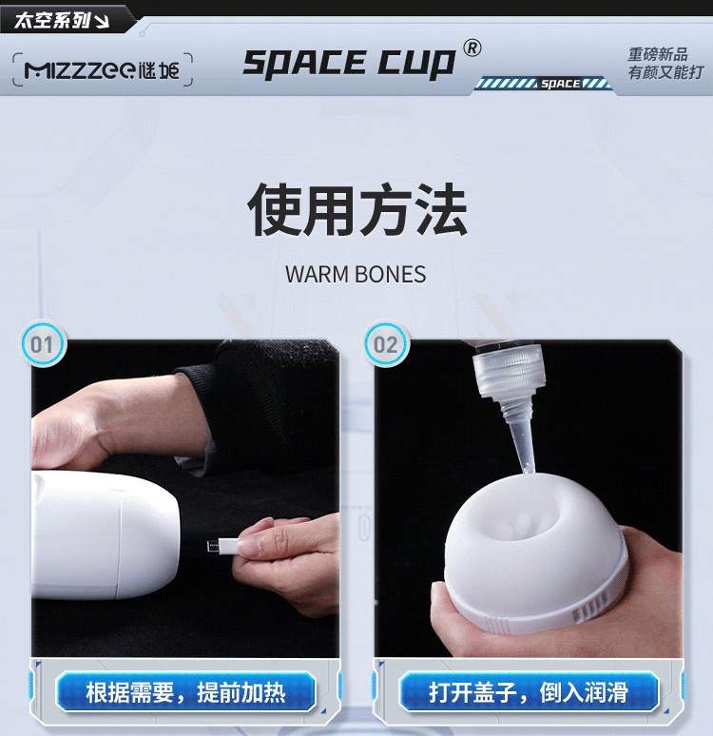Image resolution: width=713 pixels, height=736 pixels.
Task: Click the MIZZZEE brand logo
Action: coord(102,70)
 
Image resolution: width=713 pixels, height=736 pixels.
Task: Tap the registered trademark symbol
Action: coord(472,48)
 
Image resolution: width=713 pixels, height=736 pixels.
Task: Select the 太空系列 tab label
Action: coord(52,20)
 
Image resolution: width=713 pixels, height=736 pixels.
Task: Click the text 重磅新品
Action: coord(658,54)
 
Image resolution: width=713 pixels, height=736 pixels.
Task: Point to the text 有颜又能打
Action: coord(666,72)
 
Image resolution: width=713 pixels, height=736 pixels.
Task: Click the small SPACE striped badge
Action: coord(543,84)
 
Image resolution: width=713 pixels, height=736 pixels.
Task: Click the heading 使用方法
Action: coord(356,209)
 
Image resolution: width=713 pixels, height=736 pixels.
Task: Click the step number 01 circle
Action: coord(43,344)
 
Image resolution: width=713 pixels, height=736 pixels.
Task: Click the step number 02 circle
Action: coord(386,344)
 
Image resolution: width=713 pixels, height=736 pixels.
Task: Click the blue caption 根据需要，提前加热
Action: coord(185,692)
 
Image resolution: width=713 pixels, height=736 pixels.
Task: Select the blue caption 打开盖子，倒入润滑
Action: coord(529,692)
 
